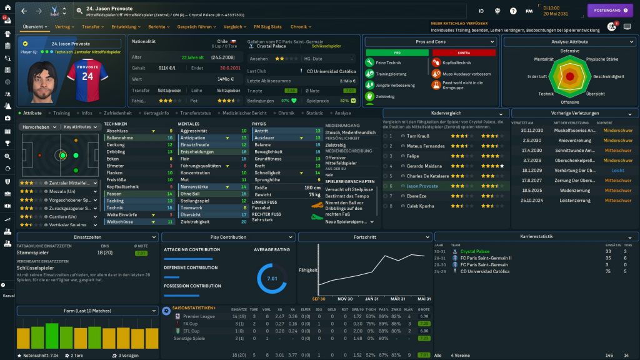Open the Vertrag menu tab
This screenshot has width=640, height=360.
point(62,27)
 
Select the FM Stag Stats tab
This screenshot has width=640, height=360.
point(267,27)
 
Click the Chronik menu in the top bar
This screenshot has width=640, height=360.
point(299,27)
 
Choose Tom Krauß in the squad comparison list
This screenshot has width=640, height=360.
point(417,135)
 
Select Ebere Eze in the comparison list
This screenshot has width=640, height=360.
point(416,195)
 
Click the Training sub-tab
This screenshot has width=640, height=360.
point(61,113)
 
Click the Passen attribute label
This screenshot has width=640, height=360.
point(114,194)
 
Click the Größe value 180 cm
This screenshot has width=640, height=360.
point(312,186)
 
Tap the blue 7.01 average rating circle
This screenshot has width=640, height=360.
point(272,278)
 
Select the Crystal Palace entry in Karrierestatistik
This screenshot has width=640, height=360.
point(474,251)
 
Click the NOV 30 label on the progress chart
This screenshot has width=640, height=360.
point(345,298)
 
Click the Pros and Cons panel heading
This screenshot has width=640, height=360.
point(430,42)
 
